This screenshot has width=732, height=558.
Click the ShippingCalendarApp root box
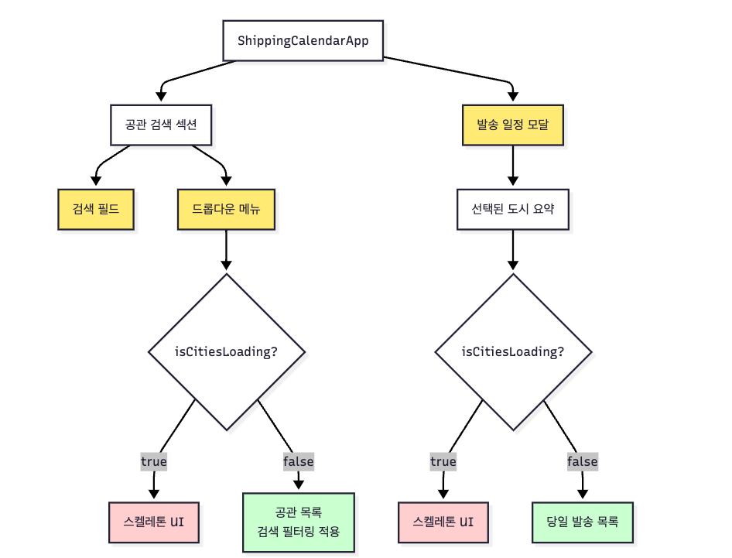point(303,40)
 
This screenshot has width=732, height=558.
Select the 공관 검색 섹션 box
point(161,125)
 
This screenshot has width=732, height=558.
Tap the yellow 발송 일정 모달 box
point(513,125)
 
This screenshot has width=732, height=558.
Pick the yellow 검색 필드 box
point(96,209)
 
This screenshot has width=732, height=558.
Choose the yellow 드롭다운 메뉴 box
point(227,209)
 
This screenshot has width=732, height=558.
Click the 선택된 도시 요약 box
point(513,209)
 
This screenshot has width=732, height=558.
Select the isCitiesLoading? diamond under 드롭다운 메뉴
point(227,351)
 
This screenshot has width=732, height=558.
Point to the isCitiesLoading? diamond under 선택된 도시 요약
point(513,351)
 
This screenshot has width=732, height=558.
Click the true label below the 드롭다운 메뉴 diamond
point(153,462)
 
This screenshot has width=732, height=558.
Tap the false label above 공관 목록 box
point(299,462)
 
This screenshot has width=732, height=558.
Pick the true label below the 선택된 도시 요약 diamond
point(443,462)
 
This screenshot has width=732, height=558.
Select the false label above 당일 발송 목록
point(582,462)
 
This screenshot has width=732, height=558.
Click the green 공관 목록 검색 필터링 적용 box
point(299,522)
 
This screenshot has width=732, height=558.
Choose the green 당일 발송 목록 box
point(582,522)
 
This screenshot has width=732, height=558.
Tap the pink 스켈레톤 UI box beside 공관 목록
point(153,522)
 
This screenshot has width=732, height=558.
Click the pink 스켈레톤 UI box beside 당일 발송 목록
point(443,522)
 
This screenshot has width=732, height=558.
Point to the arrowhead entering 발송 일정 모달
point(513,97)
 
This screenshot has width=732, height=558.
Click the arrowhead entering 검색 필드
point(96,181)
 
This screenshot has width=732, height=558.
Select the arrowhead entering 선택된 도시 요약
point(513,181)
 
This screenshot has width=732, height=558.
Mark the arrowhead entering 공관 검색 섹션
point(161,97)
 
